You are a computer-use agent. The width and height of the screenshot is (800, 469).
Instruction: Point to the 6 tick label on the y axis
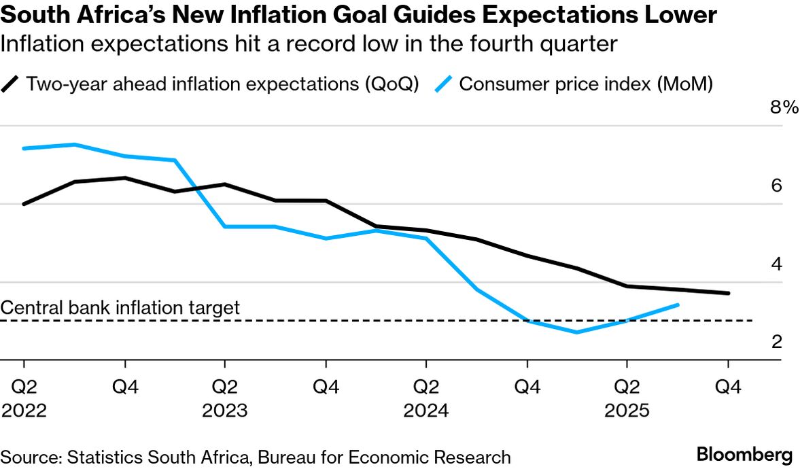point(776,186)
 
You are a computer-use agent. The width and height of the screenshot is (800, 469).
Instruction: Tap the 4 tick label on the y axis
point(776,264)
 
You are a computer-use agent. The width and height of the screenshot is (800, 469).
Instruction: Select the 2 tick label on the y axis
point(776,341)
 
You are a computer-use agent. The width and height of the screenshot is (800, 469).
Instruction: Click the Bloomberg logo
point(744,455)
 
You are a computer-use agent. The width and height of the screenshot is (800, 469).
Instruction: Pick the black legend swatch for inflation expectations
point(12,85)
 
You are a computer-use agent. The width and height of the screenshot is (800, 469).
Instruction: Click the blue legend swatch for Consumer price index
point(445,85)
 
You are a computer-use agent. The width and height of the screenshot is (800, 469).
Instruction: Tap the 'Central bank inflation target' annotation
point(120,308)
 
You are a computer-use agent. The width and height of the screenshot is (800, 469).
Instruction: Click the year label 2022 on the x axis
point(24,412)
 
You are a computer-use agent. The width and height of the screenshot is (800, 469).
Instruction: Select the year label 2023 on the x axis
point(225,412)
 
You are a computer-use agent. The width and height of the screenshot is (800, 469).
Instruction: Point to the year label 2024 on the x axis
point(426,412)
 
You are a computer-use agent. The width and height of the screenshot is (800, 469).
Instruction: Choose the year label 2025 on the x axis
point(627,412)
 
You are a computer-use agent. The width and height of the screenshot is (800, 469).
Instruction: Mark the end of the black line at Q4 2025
point(729,294)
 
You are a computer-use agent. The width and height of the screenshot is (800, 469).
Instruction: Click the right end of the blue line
point(678,305)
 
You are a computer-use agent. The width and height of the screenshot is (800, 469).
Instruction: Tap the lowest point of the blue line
point(577,332)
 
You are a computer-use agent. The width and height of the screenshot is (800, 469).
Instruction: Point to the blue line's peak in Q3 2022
point(74,144)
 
